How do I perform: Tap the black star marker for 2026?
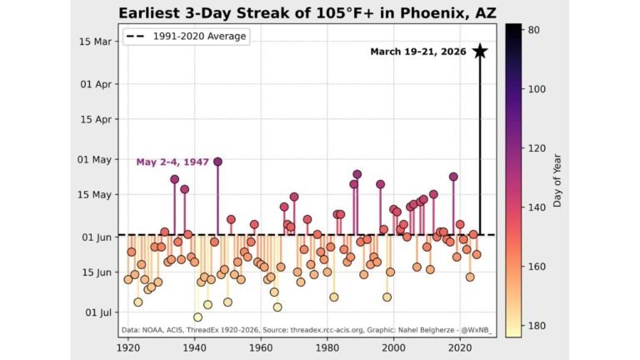click(480, 51)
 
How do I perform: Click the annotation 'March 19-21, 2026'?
click(418, 52)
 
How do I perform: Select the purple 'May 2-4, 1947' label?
click(172, 162)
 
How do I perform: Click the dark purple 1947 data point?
click(217, 162)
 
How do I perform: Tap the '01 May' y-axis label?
click(96, 159)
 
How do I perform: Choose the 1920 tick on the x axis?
click(128, 348)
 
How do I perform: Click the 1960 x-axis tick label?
click(261, 348)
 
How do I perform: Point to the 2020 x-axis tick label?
click(459, 348)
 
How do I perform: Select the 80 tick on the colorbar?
click(535, 30)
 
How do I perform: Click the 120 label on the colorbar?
click(537, 148)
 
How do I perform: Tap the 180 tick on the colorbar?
click(537, 326)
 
